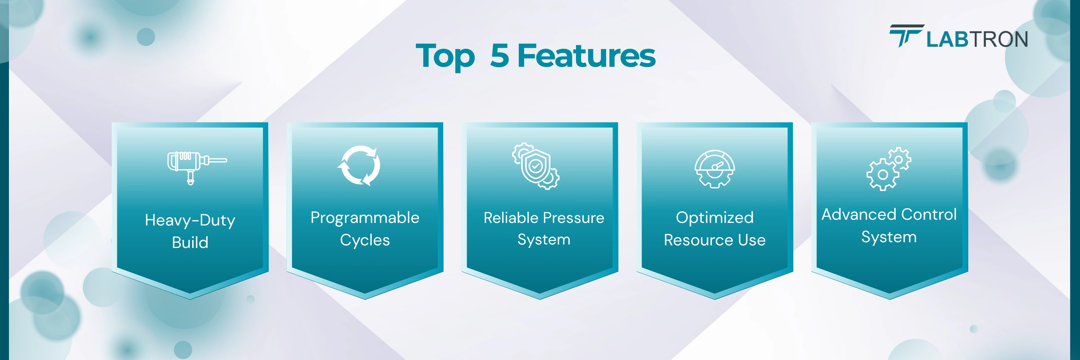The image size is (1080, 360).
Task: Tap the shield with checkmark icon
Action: [536, 166]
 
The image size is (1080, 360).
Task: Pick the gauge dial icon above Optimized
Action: [715, 168]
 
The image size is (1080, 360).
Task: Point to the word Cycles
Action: [365, 240]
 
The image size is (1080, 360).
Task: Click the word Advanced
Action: [859, 215]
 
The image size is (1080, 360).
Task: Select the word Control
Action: [929, 215]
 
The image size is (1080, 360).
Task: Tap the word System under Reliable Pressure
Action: [544, 240]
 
